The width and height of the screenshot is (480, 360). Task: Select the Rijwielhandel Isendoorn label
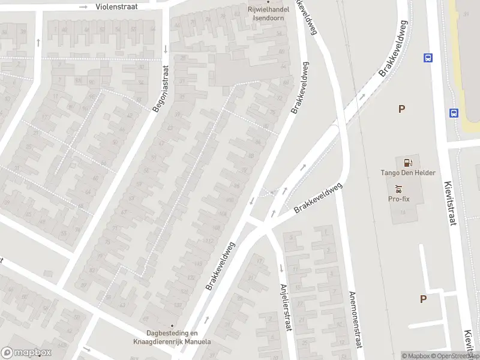268,13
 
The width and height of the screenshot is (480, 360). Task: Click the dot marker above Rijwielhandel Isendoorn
268,1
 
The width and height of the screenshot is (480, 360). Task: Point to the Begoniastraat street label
160,91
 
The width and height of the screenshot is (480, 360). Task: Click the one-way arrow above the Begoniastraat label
165,49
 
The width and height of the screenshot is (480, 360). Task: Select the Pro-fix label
400,199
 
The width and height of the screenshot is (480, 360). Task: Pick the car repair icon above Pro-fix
400,188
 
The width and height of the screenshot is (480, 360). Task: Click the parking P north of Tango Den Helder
401,109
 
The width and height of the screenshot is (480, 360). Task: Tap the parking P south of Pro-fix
423,299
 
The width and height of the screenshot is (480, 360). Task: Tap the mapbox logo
26,353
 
